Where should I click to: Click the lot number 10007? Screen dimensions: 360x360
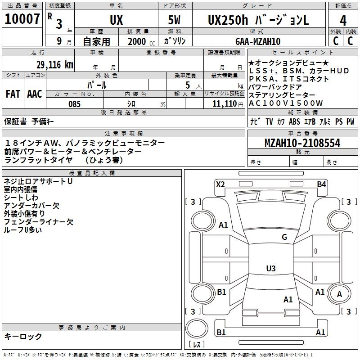(x=22, y=19)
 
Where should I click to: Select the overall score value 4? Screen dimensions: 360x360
(x=343, y=20)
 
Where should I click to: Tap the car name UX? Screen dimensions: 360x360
(x=116, y=20)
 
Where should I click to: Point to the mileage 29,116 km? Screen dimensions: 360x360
(x=54, y=64)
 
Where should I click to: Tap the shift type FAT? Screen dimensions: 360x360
(x=13, y=94)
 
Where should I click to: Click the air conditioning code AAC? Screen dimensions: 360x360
(x=34, y=94)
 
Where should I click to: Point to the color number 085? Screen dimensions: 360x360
(x=74, y=104)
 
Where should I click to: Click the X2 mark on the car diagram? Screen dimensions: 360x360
(x=220, y=184)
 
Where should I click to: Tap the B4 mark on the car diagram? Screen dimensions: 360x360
(x=321, y=184)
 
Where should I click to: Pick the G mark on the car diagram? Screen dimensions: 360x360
(x=284, y=237)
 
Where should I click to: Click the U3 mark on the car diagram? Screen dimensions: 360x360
(x=270, y=269)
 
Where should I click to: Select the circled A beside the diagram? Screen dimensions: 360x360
(x=340, y=294)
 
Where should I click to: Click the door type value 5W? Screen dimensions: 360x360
(x=175, y=20)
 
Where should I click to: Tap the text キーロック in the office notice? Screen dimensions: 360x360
(x=23, y=337)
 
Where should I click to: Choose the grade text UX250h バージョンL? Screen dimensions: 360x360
(x=258, y=20)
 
